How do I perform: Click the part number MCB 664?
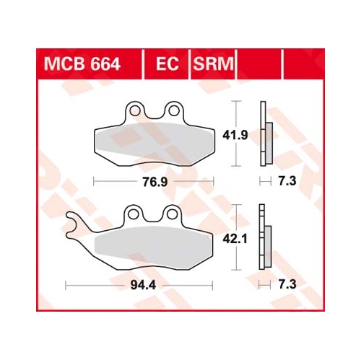click(x=82, y=64)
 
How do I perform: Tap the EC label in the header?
click(x=168, y=64)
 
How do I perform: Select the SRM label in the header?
click(x=213, y=64)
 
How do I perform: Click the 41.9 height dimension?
click(x=235, y=136)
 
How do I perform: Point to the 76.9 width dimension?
click(x=155, y=182)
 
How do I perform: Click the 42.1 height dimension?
click(x=235, y=239)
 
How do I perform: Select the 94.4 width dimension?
click(x=143, y=285)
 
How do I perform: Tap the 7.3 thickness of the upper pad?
click(x=287, y=181)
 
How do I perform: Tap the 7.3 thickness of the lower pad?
click(x=287, y=284)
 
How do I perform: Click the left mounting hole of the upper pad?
click(x=134, y=110)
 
